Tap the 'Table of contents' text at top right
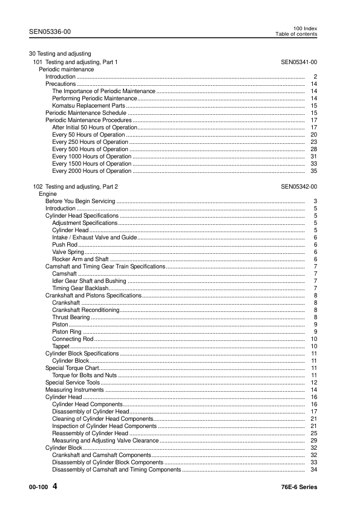coord(296,34)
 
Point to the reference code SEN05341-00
coord(299,62)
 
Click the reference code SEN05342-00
coord(299,187)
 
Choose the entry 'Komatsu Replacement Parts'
coord(84,105)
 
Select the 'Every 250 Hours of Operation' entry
coord(90,142)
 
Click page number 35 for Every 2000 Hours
coord(313,171)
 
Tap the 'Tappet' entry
coord(61,346)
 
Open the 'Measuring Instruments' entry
coord(71,389)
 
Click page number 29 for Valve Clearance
coord(313,440)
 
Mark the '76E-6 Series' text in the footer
coord(299,487)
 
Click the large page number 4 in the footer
coord(55,486)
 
